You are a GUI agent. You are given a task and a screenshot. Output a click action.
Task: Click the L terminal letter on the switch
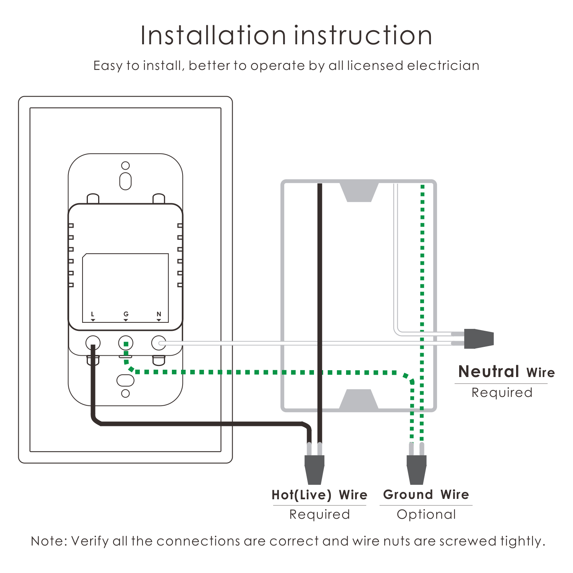(92, 314)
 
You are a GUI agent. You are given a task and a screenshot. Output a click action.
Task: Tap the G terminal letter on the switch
(126, 314)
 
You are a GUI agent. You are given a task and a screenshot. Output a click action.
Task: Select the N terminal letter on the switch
(159, 314)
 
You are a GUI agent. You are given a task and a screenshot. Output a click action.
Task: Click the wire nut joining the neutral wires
(479, 338)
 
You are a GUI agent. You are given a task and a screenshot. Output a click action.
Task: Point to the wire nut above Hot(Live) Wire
(314, 469)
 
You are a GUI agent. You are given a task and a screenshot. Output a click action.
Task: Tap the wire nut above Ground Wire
(416, 469)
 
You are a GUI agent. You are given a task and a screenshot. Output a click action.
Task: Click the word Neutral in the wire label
(489, 372)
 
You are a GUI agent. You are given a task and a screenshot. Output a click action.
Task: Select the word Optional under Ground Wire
(426, 515)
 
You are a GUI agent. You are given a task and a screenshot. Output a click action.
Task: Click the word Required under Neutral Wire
(502, 393)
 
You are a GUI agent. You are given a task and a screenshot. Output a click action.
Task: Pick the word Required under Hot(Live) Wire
(319, 515)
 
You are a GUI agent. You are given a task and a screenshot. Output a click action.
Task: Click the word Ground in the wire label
(408, 495)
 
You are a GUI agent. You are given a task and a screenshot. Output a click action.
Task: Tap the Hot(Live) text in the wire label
(301, 495)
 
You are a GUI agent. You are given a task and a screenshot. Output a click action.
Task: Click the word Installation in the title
(213, 36)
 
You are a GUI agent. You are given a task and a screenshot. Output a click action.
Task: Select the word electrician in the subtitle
(443, 66)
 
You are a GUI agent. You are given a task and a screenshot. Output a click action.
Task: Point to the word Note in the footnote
(49, 541)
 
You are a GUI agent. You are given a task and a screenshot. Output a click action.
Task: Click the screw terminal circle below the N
(159, 343)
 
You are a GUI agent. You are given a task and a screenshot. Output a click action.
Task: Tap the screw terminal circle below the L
(92, 343)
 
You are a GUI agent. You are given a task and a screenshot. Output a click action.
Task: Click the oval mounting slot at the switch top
(125, 181)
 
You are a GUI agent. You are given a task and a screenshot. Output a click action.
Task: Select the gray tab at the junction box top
(359, 192)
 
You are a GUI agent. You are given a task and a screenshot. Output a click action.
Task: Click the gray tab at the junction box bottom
(359, 399)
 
